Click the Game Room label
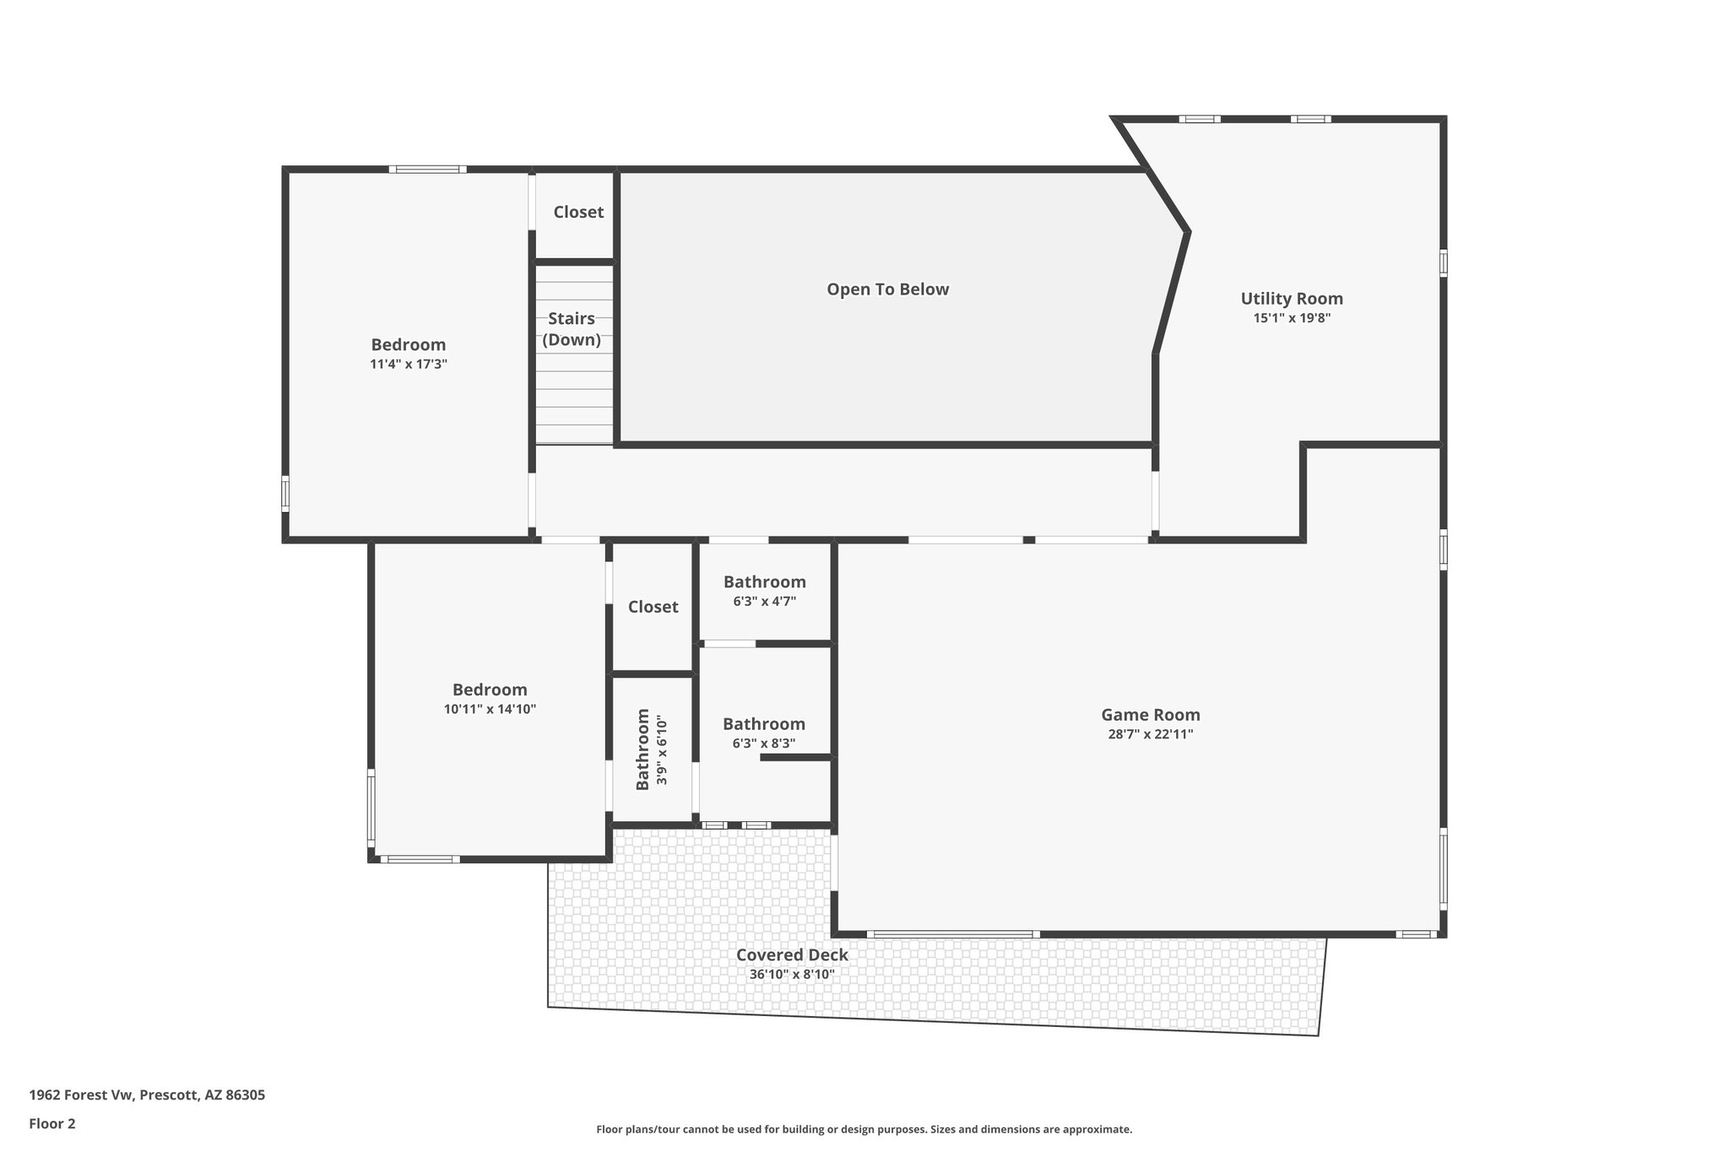tap(1150, 715)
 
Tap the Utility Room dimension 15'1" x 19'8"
tap(1292, 318)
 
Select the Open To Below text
tap(887, 289)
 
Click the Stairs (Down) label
tap(572, 329)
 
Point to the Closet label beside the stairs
tap(578, 212)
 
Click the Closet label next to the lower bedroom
tap(653, 607)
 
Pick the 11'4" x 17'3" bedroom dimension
tap(408, 365)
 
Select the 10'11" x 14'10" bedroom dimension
tap(490, 709)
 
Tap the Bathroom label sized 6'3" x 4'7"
tap(764, 581)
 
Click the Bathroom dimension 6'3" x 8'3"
tap(764, 744)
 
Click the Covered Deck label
tap(792, 955)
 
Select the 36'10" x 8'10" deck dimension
tap(792, 974)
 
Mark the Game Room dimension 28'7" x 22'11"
tap(1150, 734)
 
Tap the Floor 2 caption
tap(52, 1123)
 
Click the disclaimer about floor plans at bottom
tap(864, 1129)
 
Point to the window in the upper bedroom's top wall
tap(428, 170)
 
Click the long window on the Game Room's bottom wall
tap(952, 934)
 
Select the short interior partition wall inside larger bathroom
tap(796, 758)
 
